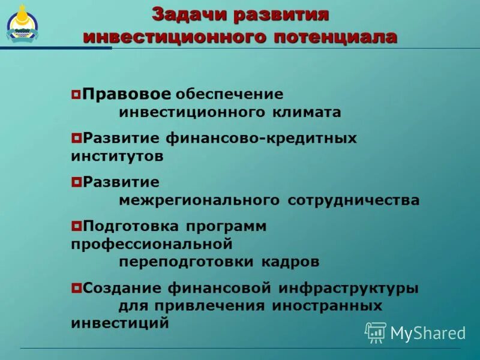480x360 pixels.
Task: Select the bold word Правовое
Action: click(127, 94)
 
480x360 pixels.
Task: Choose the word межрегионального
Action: click(199, 200)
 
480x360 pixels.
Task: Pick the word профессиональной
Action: click(151, 245)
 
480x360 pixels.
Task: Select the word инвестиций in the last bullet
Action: click(119, 323)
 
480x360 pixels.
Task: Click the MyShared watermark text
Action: click(428, 333)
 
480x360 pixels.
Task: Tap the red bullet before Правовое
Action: click(76, 94)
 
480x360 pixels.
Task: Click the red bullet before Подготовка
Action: click(76, 227)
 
